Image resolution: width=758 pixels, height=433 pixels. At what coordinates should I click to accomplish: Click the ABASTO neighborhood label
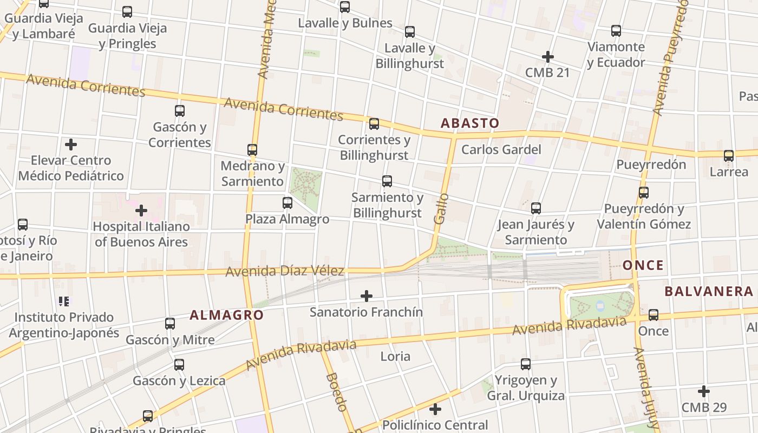point(469,123)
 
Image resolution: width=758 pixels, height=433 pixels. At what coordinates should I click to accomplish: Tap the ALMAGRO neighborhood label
point(226,315)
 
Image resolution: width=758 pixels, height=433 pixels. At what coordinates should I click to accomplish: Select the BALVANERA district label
point(709,291)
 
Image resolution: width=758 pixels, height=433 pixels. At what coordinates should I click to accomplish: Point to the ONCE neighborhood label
point(643,265)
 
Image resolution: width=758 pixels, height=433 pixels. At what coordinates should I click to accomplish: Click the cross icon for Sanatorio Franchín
point(367,296)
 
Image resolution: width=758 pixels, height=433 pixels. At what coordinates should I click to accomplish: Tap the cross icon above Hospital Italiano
point(141,210)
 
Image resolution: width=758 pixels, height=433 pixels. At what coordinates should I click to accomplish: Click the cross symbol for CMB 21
point(548,57)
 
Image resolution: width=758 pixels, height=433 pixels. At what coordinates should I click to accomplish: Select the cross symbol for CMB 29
point(704,391)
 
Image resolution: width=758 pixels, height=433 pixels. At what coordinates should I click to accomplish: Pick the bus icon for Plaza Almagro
point(287,203)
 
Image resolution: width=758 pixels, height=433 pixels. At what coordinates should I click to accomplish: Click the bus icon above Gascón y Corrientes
point(180,111)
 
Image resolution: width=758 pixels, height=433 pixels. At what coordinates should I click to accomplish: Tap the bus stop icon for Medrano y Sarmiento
point(252,150)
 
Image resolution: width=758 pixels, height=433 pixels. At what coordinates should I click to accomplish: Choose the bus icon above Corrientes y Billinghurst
point(374,124)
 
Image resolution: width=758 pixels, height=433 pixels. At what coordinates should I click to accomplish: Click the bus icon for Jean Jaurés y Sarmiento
point(536,208)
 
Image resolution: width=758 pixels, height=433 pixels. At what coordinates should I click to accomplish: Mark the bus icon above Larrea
point(729,156)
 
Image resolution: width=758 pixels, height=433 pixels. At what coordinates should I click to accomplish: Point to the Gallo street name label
point(441,208)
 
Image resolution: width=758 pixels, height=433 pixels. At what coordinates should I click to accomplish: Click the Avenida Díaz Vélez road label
point(284,271)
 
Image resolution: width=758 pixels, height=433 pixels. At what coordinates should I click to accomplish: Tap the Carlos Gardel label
point(501,149)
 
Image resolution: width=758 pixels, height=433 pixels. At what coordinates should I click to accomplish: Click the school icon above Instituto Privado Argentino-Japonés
point(64,301)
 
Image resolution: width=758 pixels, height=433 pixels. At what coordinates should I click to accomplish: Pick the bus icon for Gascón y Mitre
point(170,324)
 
